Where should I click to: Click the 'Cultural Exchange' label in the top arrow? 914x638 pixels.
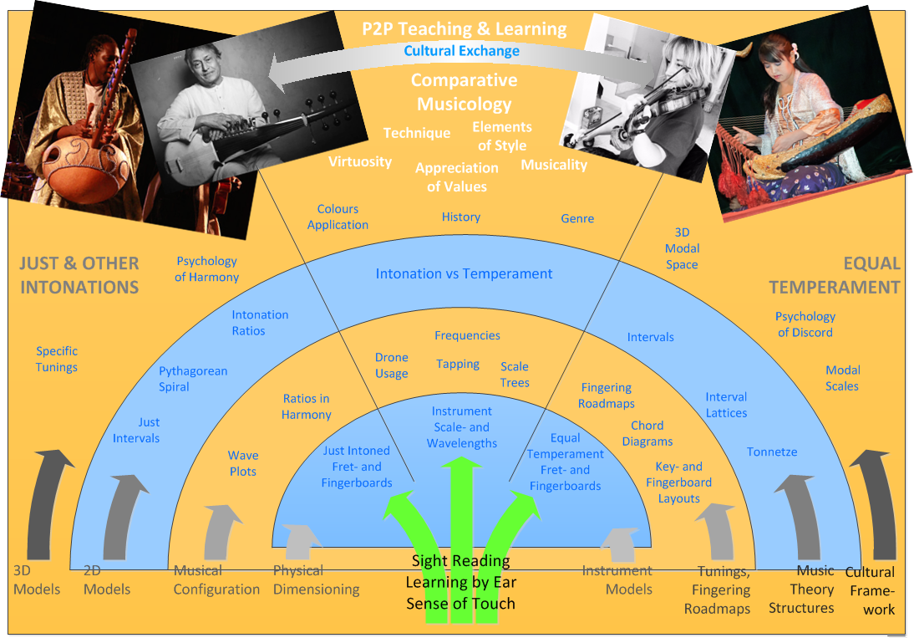[x=461, y=51]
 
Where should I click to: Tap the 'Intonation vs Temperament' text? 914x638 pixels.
[x=464, y=273]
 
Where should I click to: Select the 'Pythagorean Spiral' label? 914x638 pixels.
[x=193, y=379]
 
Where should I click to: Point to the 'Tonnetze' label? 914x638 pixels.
[x=772, y=452]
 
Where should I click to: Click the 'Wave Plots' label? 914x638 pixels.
[x=243, y=463]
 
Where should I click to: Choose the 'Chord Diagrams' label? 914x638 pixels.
[x=647, y=433]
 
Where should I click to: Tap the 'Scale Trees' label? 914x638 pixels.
[x=515, y=374]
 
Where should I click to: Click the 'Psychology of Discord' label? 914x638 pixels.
[x=805, y=324]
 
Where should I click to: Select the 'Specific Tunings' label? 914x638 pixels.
[x=57, y=359]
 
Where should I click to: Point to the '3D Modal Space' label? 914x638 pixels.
[x=683, y=248]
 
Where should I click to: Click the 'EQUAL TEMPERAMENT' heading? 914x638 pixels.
[x=834, y=275]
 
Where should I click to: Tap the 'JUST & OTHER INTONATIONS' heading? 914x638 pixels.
[x=79, y=275]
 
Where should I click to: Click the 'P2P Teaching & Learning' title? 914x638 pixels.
[x=464, y=29]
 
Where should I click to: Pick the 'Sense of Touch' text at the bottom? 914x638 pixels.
[x=460, y=604]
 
